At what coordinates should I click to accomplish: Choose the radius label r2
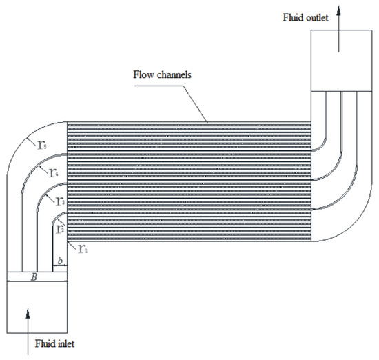(60, 228)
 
